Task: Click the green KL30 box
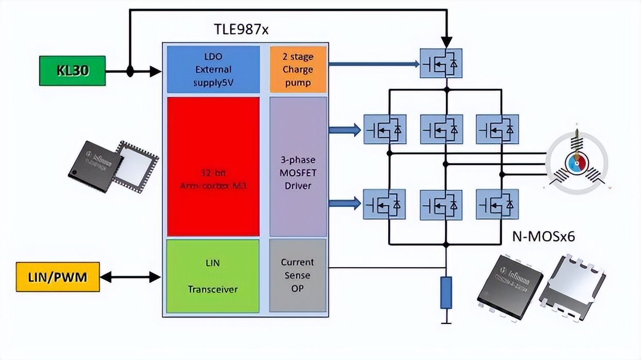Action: click(x=72, y=71)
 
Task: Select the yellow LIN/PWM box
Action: click(x=57, y=277)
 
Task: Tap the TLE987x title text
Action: click(x=241, y=29)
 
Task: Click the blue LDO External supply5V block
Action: click(x=213, y=69)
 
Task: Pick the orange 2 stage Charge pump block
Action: click(x=298, y=69)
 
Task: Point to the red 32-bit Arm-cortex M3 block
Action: click(x=213, y=167)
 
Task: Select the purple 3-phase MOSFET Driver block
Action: click(x=298, y=167)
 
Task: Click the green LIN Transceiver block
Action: click(x=213, y=276)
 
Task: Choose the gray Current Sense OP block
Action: click(x=298, y=275)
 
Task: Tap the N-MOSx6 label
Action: click(x=543, y=236)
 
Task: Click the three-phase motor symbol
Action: click(x=576, y=160)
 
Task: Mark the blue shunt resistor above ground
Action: click(x=446, y=292)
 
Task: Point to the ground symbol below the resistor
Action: click(x=446, y=322)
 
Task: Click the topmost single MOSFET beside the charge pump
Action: click(x=441, y=63)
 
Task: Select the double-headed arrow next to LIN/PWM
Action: click(x=130, y=277)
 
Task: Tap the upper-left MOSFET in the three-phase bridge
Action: click(x=384, y=129)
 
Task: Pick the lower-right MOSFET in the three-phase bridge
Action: click(x=497, y=204)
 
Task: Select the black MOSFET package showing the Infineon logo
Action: click(x=509, y=283)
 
